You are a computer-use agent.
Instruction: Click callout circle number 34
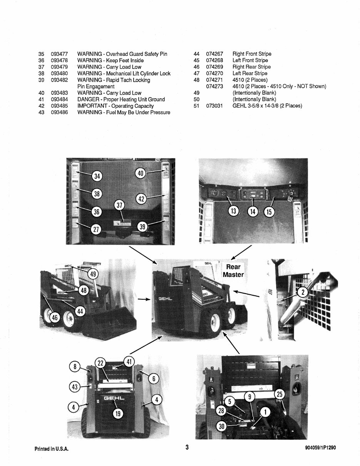click(x=97, y=176)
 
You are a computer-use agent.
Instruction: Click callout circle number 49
click(x=92, y=274)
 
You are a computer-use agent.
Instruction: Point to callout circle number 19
click(x=117, y=414)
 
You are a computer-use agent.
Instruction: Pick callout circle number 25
click(x=280, y=394)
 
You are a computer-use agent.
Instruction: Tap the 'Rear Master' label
click(x=233, y=270)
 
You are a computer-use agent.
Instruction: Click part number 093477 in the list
click(x=59, y=54)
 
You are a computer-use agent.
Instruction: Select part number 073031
click(x=214, y=106)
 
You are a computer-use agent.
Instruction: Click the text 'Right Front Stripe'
click(x=252, y=54)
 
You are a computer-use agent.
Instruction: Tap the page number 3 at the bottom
click(x=187, y=448)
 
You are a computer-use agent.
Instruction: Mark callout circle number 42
click(x=141, y=199)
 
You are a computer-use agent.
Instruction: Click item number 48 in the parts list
click(x=196, y=80)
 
